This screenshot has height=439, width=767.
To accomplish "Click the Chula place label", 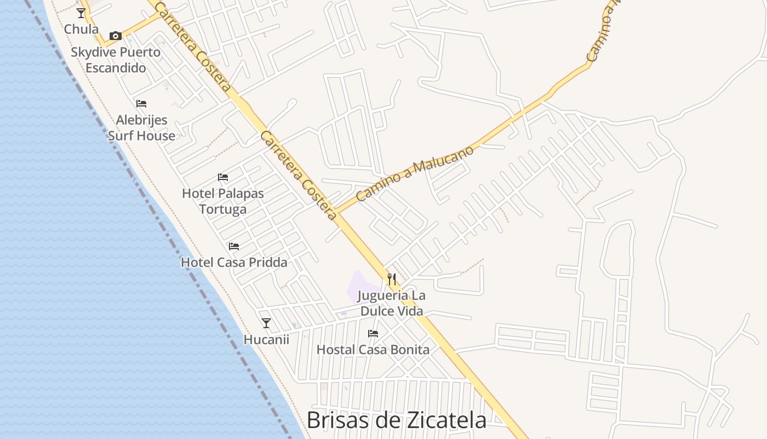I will (x=82, y=29).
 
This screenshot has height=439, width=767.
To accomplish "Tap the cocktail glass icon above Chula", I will (x=81, y=13).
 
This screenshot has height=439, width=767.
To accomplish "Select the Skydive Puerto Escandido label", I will (x=116, y=60).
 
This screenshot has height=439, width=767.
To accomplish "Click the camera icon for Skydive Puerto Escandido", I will (x=115, y=36).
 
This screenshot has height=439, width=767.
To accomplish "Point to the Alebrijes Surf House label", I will (x=141, y=128).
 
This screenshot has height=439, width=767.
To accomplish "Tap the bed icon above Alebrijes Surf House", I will (x=141, y=103).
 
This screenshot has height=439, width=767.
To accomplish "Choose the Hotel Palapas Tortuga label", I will (x=223, y=201).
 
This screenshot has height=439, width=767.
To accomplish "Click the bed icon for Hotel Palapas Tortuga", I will (x=222, y=177).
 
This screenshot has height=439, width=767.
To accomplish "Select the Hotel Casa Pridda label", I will (x=234, y=262).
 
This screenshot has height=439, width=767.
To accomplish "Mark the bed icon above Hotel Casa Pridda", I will (x=234, y=246).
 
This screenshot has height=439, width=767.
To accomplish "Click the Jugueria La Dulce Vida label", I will (x=391, y=303).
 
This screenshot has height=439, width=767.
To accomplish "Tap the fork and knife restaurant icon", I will (x=391, y=279).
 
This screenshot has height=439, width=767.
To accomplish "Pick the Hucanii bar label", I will (x=266, y=340).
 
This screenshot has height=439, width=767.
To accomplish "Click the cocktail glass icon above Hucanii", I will (x=266, y=323).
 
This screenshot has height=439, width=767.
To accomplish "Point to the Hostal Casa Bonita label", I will (x=373, y=350).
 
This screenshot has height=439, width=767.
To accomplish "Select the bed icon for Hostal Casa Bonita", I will (x=373, y=333).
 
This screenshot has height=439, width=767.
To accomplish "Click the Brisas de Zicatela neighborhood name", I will (x=396, y=420).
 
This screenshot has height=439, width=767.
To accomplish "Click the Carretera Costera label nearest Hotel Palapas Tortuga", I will (x=298, y=175).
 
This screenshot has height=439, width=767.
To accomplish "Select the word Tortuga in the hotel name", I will (x=223, y=209).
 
